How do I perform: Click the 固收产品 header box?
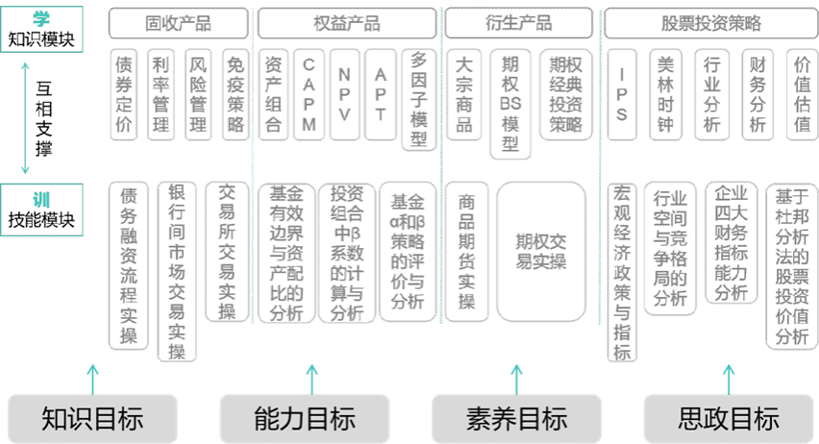click(x=178, y=23)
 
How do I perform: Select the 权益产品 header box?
click(x=346, y=23)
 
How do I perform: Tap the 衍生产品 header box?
click(x=518, y=23)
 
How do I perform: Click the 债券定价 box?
click(x=123, y=94)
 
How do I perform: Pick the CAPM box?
click(x=308, y=94)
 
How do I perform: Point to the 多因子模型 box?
click(x=418, y=100)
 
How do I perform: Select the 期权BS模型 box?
click(x=510, y=103)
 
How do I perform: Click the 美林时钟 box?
click(x=666, y=94)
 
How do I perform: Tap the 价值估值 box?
click(x=803, y=94)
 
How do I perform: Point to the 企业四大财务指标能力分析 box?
click(x=731, y=244)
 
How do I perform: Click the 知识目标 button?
click(x=92, y=418)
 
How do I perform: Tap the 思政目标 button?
click(x=728, y=418)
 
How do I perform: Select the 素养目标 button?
click(x=516, y=418)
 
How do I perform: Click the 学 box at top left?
click(x=40, y=25)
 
